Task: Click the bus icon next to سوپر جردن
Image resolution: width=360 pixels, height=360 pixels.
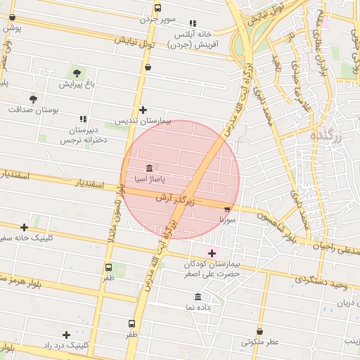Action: click(x=157, y=9)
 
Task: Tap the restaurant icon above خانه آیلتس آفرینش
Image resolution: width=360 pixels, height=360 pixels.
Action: click(x=193, y=23)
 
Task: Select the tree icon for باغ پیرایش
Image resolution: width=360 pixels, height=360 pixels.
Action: click(x=77, y=73)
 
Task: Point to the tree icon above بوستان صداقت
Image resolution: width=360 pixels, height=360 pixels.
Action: click(x=33, y=99)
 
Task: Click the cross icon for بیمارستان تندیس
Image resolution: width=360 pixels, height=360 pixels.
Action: click(x=143, y=110)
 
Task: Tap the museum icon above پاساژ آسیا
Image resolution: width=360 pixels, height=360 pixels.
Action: click(x=149, y=168)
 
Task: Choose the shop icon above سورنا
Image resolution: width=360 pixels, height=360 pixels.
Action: click(x=227, y=209)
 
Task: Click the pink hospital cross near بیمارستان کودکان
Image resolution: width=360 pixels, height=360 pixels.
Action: click(x=212, y=253)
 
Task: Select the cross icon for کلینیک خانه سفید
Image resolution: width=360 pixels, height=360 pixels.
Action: click(x=25, y=227)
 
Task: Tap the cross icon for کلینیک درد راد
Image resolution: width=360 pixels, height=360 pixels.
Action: click(x=66, y=335)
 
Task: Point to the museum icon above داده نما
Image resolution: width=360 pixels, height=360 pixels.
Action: click(x=198, y=297)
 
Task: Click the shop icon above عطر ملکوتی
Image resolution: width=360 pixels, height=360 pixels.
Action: click(x=260, y=331)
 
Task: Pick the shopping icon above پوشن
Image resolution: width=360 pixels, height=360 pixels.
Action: click(x=12, y=18)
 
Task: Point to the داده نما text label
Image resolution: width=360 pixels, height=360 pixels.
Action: click(x=198, y=308)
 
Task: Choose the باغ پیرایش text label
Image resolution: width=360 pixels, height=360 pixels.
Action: click(x=76, y=84)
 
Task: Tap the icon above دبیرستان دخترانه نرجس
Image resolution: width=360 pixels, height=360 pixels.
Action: click(x=82, y=120)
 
